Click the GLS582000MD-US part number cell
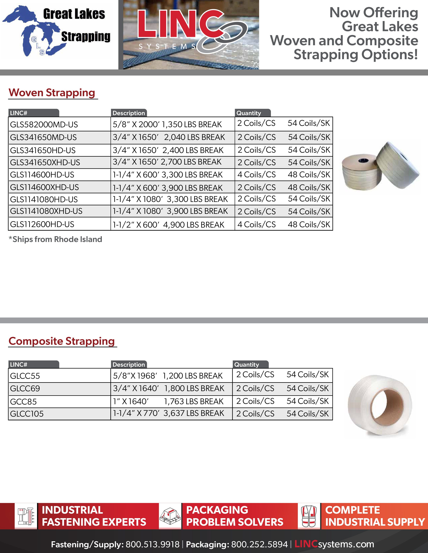point(44,125)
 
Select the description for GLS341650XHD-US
point(167,162)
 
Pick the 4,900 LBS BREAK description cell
point(168,225)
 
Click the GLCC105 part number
point(27,414)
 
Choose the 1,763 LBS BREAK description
point(168,401)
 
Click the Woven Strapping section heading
point(52,93)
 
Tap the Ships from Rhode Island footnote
point(56,239)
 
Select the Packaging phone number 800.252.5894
point(259,544)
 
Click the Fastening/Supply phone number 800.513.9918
point(152,544)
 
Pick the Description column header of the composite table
point(129,365)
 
